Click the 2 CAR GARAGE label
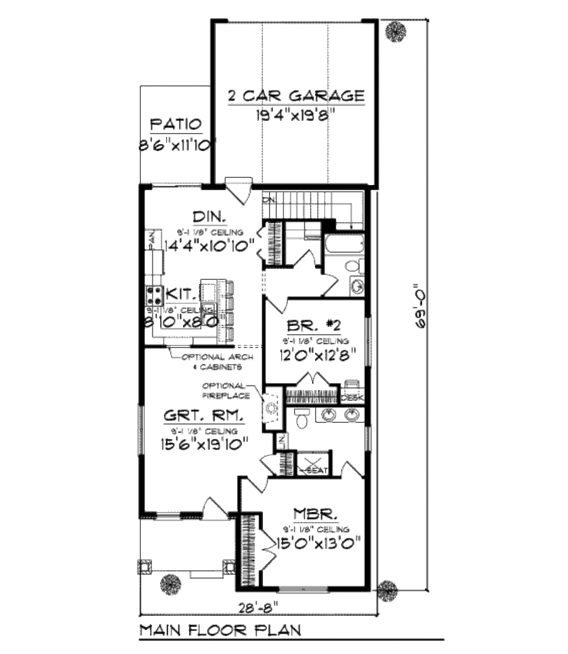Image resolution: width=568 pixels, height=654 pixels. coord(296,96)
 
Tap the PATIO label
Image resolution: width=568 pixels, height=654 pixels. coord(175,124)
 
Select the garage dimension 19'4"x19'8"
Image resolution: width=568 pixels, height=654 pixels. coord(296,115)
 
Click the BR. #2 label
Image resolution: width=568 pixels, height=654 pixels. coord(314,325)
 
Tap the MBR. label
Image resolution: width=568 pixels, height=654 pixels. coord(313,514)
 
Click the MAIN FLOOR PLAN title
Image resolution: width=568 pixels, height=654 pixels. coord(220,630)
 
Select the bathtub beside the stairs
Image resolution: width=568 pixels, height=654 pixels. coord(344,244)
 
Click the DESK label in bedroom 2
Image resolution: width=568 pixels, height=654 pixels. coord(352,398)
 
